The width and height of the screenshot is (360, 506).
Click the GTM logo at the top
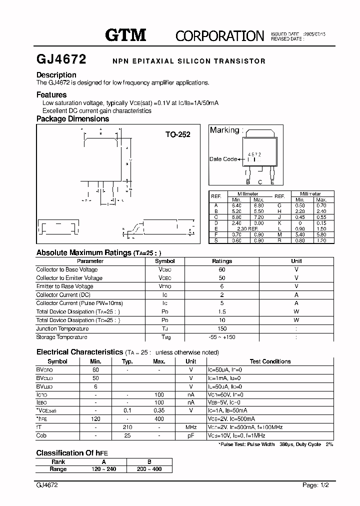point(125,35)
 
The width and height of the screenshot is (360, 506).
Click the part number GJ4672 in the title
point(61,60)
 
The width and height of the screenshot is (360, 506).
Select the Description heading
point(56,75)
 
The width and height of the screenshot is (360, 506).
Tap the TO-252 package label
point(178,134)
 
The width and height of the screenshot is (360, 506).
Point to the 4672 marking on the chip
point(255,155)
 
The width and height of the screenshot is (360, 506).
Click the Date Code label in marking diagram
point(223,159)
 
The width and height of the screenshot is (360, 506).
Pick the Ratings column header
point(222,261)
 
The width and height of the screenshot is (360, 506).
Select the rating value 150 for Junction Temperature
point(222,328)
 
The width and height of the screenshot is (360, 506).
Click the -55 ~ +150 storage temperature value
point(222,337)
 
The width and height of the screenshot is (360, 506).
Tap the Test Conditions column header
point(270,361)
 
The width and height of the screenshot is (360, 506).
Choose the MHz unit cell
point(191,427)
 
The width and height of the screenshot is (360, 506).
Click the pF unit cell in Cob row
point(191,435)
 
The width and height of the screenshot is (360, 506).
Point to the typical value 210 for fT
point(128,427)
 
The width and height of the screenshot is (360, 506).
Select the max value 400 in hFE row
point(159,418)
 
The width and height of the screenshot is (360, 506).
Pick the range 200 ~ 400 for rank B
point(149,469)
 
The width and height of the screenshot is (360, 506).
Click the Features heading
point(51,94)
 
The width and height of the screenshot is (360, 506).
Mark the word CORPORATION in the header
point(220,35)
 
